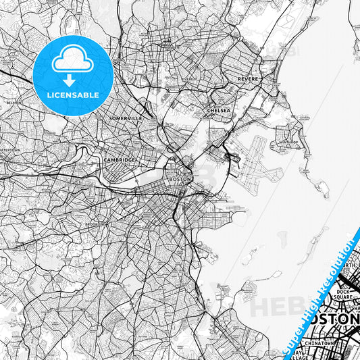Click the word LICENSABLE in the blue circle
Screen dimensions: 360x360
72,95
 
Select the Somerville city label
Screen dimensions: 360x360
125,118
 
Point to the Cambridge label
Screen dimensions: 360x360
119,159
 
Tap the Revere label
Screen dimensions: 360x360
248,79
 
